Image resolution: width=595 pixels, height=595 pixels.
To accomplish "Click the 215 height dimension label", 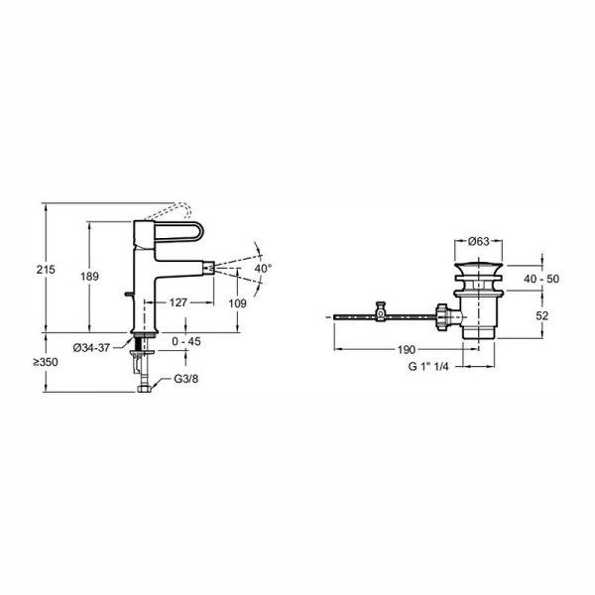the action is point(46,270).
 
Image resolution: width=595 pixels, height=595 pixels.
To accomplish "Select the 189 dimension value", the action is point(89,277).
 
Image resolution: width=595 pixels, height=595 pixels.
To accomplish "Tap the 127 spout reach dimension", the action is point(178,302).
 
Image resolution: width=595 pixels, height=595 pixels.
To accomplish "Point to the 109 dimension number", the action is point(238,303).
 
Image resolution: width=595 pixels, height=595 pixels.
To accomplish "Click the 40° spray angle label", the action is point(263,269).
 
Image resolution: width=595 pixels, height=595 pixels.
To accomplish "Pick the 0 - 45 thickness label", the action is point(186,341).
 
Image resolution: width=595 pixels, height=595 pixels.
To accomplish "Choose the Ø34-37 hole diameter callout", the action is point(91,348).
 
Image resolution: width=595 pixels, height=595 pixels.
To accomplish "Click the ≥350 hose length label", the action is point(46,362).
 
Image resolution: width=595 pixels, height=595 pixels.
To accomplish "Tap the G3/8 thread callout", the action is point(186,379).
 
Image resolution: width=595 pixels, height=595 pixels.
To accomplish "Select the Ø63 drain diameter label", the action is point(479,241).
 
